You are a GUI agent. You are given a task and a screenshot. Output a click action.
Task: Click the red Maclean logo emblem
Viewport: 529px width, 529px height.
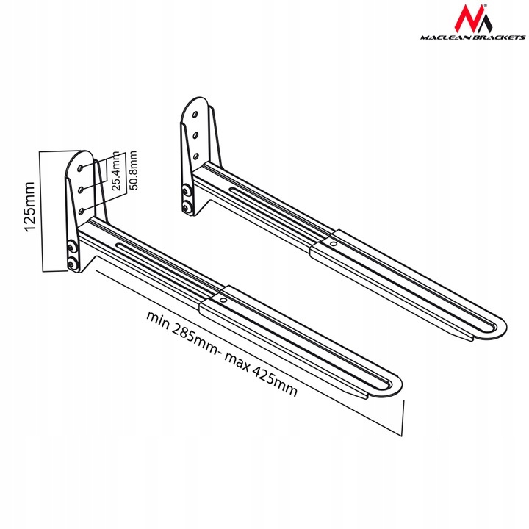pos(472,18)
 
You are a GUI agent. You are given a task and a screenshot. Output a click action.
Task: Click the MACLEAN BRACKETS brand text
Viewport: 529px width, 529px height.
pos(472,37)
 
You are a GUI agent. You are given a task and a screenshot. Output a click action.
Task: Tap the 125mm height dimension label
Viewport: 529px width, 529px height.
pos(29,206)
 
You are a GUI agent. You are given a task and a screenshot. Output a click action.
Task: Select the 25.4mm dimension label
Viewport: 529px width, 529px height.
pos(116,171)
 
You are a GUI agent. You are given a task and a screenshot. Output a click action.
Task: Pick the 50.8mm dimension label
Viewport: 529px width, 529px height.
pos(133,170)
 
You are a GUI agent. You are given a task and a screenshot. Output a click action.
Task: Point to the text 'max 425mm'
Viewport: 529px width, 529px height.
pos(260,374)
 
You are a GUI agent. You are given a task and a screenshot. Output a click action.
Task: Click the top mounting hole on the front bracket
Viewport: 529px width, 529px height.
pos(80,168)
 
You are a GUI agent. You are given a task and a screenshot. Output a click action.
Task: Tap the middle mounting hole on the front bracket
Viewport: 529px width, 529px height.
pos(80,190)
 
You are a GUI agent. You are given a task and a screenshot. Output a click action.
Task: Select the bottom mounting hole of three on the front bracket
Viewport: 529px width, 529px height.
pos(81,212)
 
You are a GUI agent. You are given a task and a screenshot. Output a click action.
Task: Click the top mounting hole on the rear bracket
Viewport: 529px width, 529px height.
pos(195,115)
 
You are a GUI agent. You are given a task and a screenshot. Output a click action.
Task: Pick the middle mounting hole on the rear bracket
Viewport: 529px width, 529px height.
pos(195,136)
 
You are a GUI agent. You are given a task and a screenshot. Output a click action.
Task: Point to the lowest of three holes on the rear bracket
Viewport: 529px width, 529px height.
pos(195,156)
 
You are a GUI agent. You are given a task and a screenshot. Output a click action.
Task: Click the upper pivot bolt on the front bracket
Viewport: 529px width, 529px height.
pos(71,248)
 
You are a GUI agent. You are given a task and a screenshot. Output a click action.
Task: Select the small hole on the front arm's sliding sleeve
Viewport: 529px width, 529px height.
pos(223,301)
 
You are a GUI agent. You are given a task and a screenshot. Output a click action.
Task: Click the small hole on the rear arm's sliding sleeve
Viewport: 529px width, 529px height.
pos(334,244)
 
